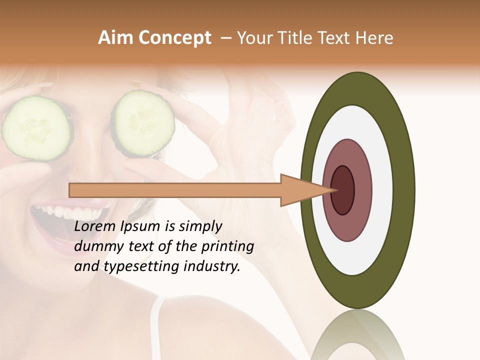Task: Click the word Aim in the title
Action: pyautogui.click(x=116, y=38)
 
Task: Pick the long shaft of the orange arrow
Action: pyautogui.click(x=175, y=190)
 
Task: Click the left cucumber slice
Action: pyautogui.click(x=36, y=128)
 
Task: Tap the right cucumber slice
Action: pyautogui.click(x=143, y=121)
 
